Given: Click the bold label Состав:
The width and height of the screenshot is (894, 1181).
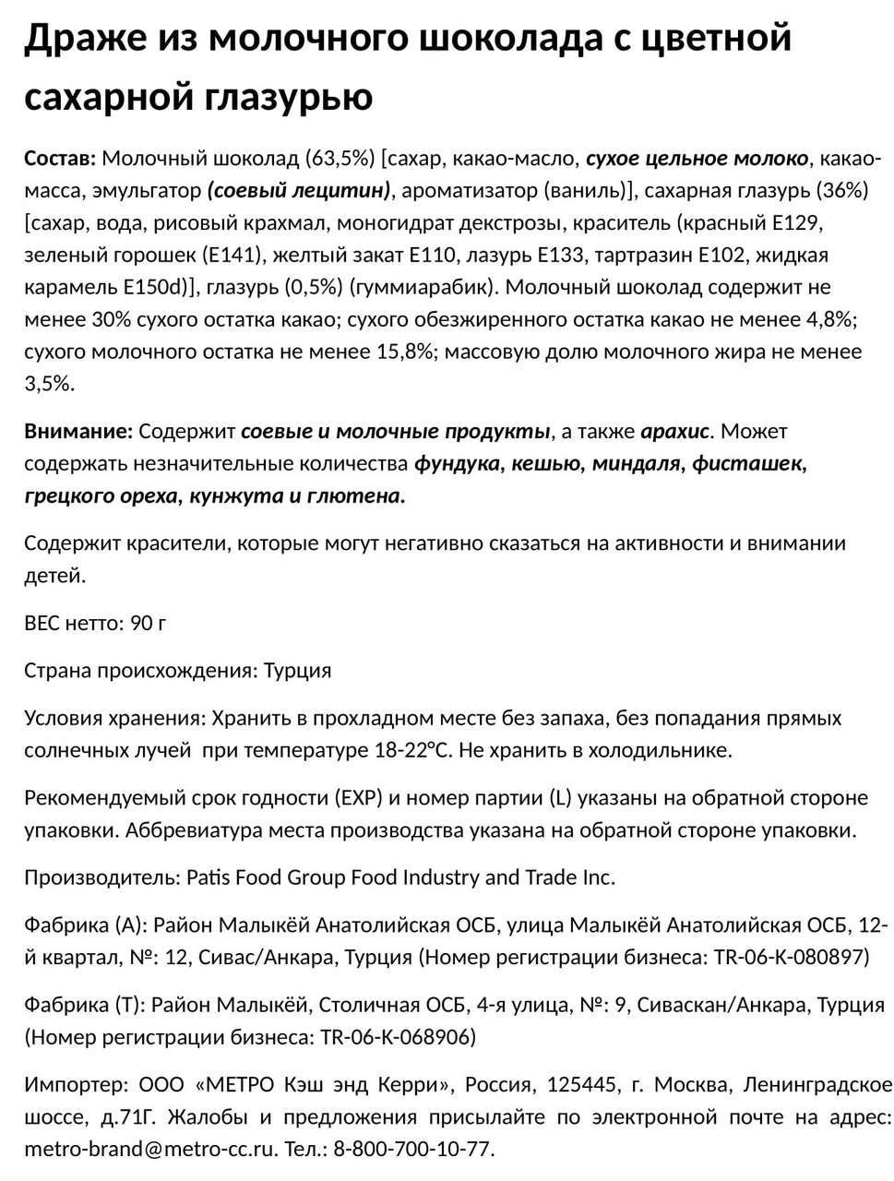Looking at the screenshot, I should [x=59, y=159].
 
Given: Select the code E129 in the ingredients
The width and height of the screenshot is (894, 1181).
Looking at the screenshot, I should [x=796, y=223].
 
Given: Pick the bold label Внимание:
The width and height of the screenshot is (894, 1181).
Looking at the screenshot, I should [x=78, y=432].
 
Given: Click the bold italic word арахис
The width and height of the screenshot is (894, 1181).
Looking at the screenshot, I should [x=674, y=432].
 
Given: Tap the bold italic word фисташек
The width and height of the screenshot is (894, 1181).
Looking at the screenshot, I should [x=747, y=464].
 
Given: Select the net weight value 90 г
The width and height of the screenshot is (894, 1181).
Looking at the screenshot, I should [x=149, y=624].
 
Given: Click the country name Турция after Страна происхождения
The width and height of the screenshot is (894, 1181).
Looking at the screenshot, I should [x=297, y=671].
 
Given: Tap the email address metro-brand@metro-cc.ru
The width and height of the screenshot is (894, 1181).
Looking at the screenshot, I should [x=150, y=1151].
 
